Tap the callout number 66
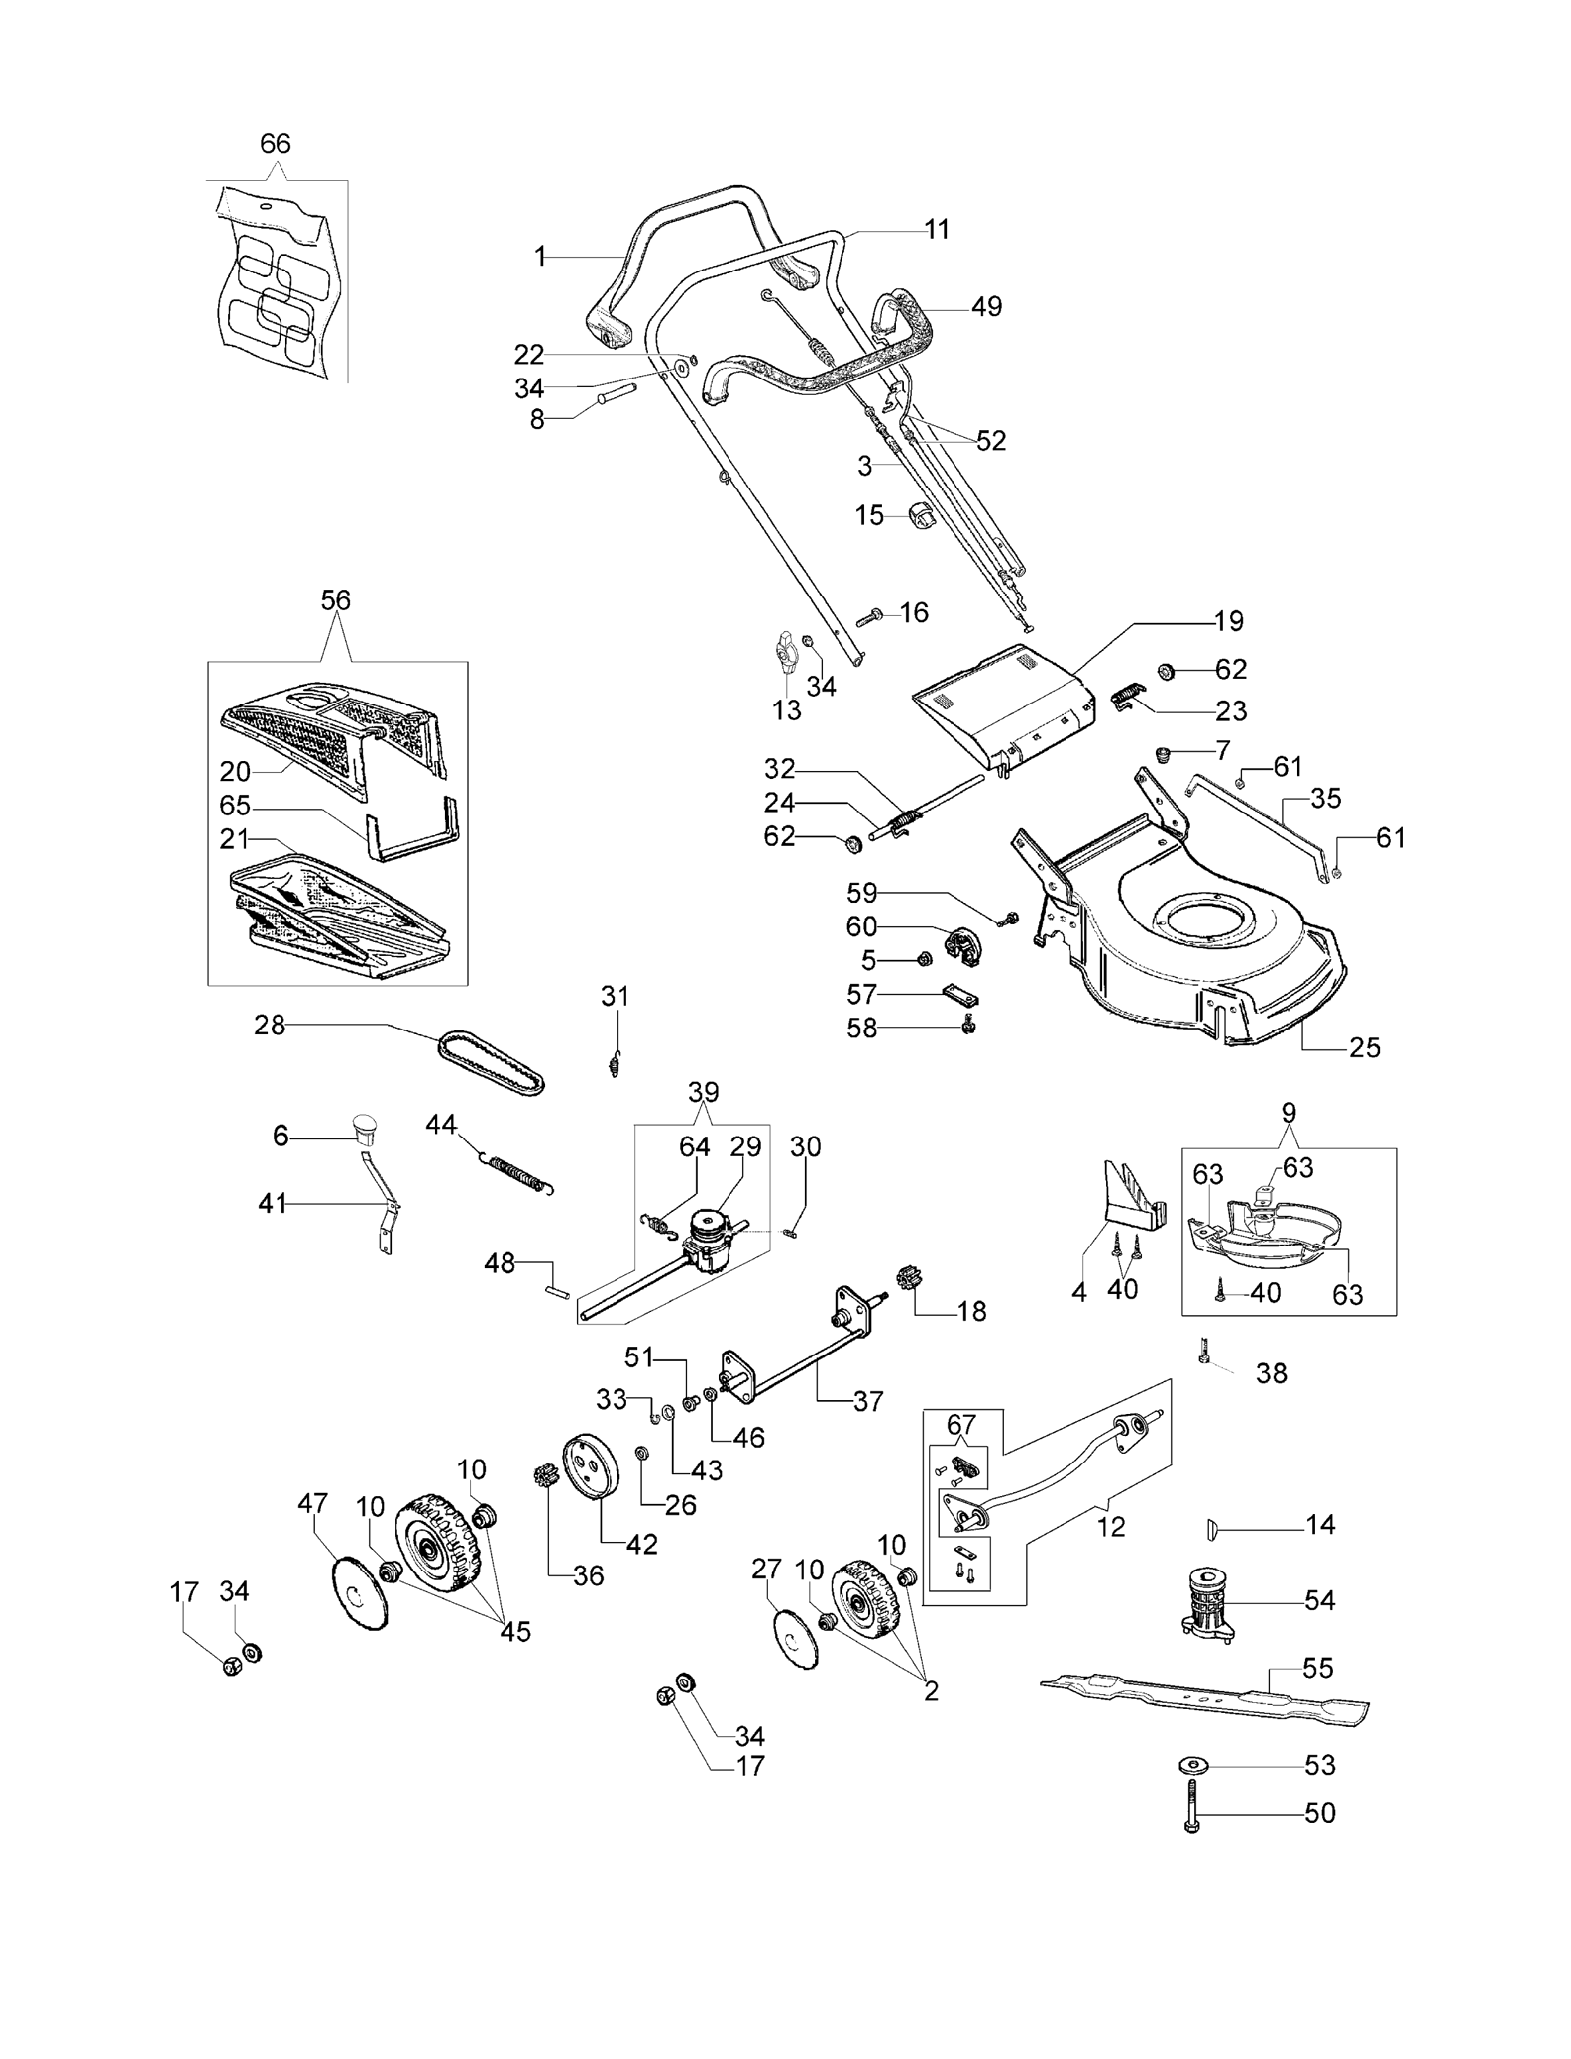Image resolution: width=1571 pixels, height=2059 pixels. pos(276,143)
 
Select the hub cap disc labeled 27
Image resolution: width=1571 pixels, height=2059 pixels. pos(795,1641)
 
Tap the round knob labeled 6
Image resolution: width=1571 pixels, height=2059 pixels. pos(365,1128)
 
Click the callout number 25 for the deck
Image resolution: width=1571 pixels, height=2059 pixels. pos(1365,1047)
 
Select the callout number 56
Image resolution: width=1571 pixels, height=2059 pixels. pos(336,600)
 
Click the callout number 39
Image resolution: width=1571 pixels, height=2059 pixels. pos(704,1092)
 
